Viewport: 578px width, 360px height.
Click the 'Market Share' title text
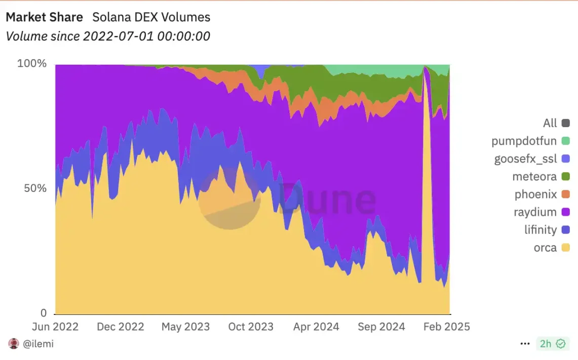[44, 17]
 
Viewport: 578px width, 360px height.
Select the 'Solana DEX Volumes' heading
[151, 17]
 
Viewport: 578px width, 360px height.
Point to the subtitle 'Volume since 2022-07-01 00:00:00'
[107, 36]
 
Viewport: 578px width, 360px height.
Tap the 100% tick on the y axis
[32, 64]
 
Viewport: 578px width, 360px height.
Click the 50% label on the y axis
[35, 188]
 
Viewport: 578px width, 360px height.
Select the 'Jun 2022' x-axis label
[55, 327]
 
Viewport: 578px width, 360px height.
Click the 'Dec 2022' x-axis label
[121, 327]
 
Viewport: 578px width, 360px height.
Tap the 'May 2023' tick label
[185, 327]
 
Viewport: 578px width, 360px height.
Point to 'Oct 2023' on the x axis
[251, 327]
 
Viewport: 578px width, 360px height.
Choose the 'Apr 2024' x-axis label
[316, 327]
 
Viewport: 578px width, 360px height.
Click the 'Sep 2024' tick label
[381, 327]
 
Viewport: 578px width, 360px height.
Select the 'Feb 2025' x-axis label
[446, 327]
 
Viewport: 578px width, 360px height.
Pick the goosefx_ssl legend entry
[525, 159]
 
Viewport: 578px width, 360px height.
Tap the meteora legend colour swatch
[566, 177]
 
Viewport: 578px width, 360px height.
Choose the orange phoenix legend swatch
[566, 194]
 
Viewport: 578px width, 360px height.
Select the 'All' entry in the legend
[550, 123]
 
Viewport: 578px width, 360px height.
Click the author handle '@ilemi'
[38, 344]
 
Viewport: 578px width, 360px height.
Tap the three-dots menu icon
[525, 344]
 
